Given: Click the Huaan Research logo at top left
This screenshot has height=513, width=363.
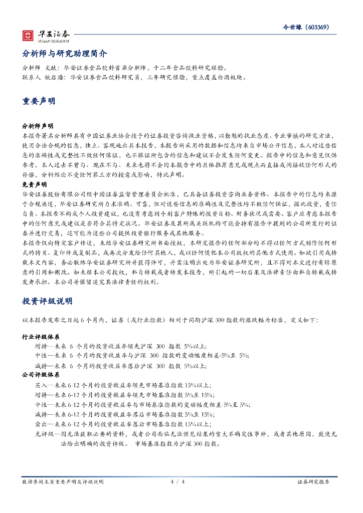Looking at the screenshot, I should point(46,36).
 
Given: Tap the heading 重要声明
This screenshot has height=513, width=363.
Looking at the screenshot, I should point(39,101).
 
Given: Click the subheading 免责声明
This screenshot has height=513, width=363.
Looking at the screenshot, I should point(34,184).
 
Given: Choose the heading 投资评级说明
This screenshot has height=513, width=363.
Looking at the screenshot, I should point(47,301).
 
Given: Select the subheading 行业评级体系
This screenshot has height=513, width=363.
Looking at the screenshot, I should point(41,337).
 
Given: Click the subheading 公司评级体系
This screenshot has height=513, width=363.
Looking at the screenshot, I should point(41,375).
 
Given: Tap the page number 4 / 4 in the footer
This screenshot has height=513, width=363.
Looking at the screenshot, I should point(178,481).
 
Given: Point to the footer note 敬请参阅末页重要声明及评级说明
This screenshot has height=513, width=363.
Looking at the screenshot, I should point(63,481).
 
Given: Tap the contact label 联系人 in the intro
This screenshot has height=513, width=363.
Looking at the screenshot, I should point(31,78).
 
